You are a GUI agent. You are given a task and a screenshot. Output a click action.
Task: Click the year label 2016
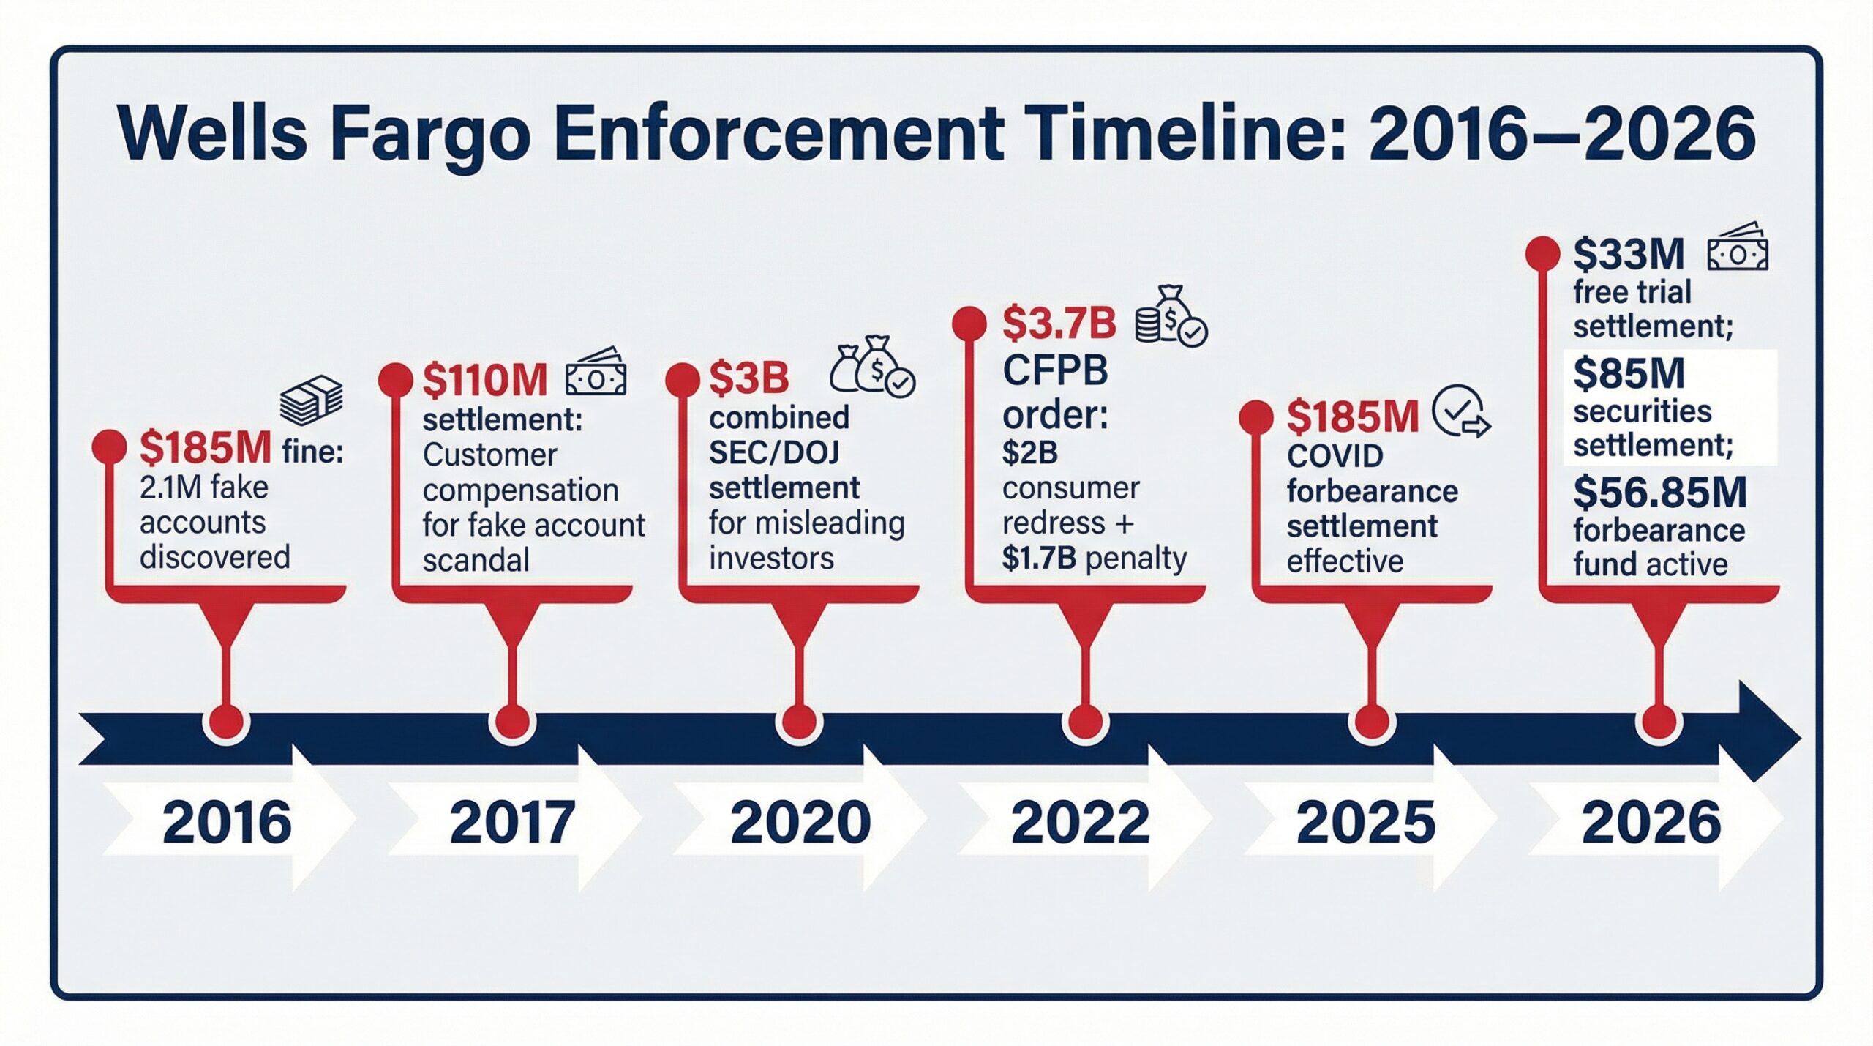tap(227, 822)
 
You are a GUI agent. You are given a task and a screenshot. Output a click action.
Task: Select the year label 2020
tap(800, 822)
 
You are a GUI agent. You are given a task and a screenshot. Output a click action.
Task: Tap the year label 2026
tap(1651, 822)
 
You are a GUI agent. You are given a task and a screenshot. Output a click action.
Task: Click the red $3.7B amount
tap(1059, 324)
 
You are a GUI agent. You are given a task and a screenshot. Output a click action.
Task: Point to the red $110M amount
tap(485, 380)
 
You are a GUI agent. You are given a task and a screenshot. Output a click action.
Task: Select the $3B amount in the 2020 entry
tap(748, 378)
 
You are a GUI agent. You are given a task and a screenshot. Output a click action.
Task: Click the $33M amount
tap(1629, 255)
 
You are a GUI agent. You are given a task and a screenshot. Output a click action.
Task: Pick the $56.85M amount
tap(1659, 493)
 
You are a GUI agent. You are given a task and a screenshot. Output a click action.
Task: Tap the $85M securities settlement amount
tap(1629, 373)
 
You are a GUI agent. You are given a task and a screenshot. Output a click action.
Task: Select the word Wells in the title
tap(212, 135)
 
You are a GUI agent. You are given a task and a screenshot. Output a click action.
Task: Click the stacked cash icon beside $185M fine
tap(311, 400)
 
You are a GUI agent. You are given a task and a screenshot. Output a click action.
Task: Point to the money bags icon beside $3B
tap(872, 367)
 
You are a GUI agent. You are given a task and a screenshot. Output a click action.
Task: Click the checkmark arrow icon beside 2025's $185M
tap(1460, 411)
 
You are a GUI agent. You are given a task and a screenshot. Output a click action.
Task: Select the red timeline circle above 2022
tap(1085, 721)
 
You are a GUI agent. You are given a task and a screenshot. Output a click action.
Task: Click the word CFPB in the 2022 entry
tap(1055, 372)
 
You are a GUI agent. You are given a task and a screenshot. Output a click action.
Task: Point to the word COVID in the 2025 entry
tap(1335, 456)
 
